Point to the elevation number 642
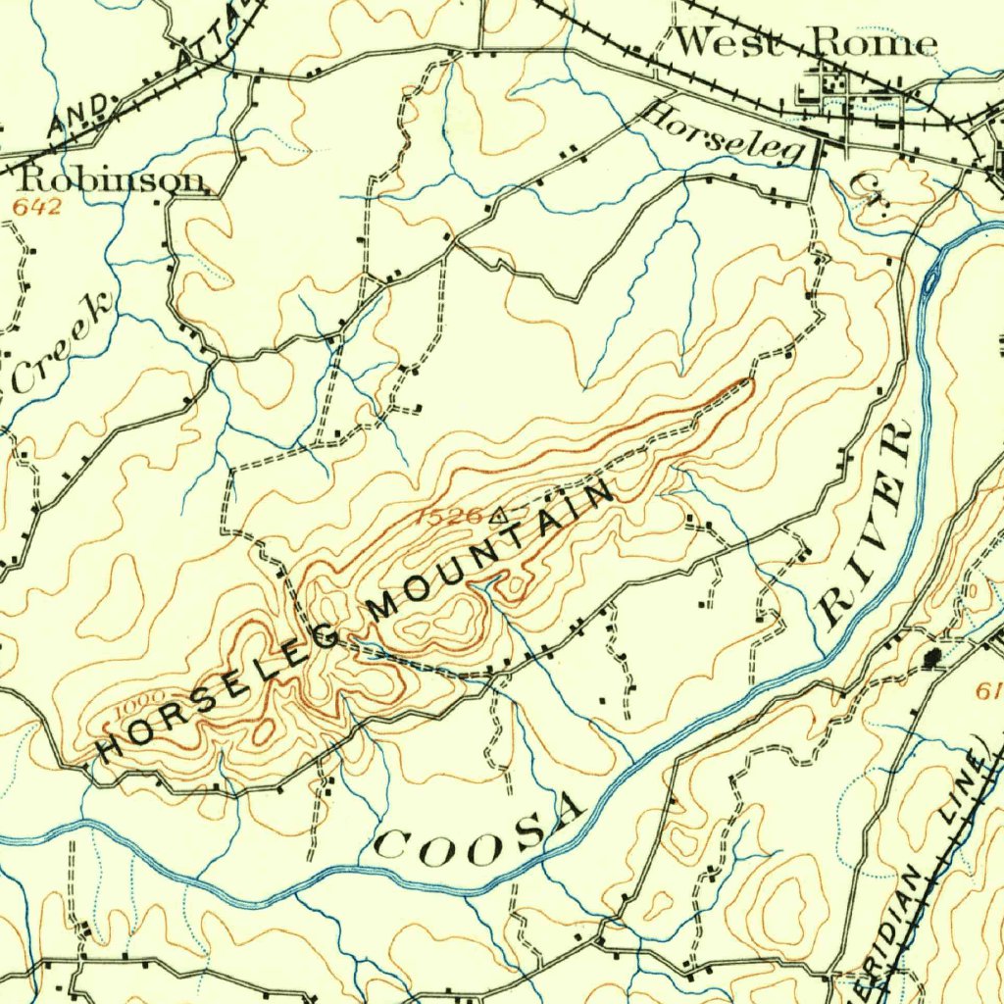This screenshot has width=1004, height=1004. click(37, 207)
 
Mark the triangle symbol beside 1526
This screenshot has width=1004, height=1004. click(499, 512)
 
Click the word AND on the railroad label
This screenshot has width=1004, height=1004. click(82, 114)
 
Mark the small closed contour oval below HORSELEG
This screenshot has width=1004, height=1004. click(264, 730)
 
